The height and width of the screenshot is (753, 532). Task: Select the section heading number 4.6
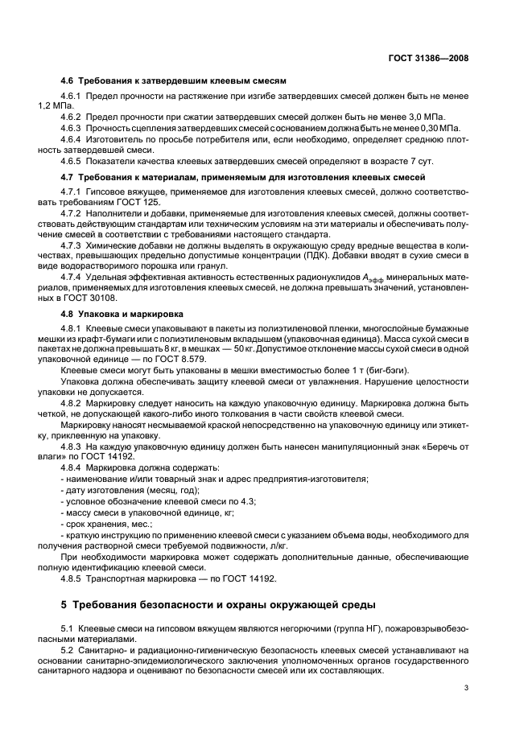pyautogui.click(x=68, y=81)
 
